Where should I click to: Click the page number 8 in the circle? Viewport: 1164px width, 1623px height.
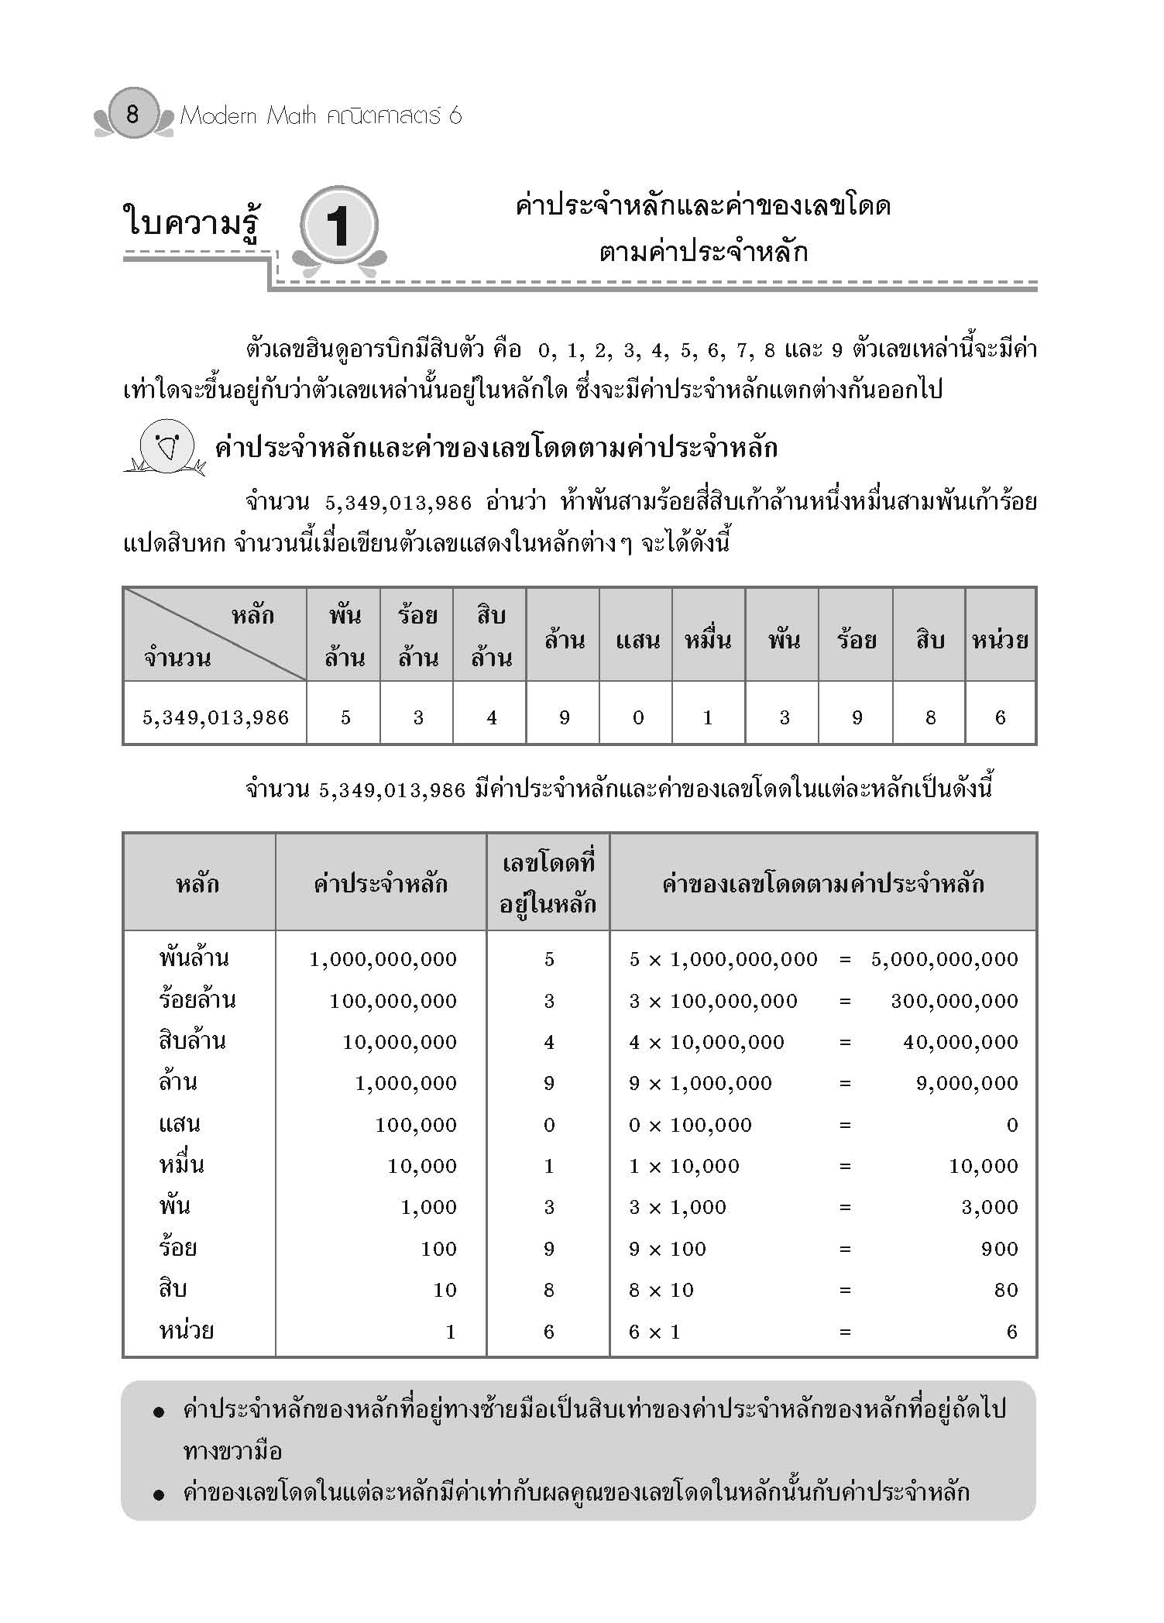[x=132, y=115]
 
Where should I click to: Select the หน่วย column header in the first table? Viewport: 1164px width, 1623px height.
[x=1000, y=639]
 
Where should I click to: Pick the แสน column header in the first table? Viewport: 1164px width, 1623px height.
[x=637, y=639]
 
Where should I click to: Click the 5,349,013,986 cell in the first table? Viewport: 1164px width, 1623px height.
[x=215, y=717]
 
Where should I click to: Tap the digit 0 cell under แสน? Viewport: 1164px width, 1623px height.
[x=637, y=717]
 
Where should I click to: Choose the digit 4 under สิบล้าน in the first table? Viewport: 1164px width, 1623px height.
[x=491, y=717]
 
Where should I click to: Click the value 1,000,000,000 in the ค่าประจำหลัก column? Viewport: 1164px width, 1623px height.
[x=383, y=959]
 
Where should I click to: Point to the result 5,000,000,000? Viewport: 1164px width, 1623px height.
[x=944, y=959]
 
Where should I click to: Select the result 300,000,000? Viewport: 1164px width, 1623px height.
[x=953, y=1001]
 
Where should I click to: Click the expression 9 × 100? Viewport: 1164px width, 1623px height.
[x=667, y=1249]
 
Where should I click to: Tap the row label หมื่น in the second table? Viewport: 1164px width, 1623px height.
[x=181, y=1165]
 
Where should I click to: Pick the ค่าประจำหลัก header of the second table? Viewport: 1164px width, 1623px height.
[x=380, y=883]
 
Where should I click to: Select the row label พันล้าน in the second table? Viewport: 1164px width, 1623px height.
[x=194, y=958]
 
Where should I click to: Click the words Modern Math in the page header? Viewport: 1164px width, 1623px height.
[x=248, y=116]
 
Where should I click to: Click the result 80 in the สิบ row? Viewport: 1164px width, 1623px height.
[x=1005, y=1290]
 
